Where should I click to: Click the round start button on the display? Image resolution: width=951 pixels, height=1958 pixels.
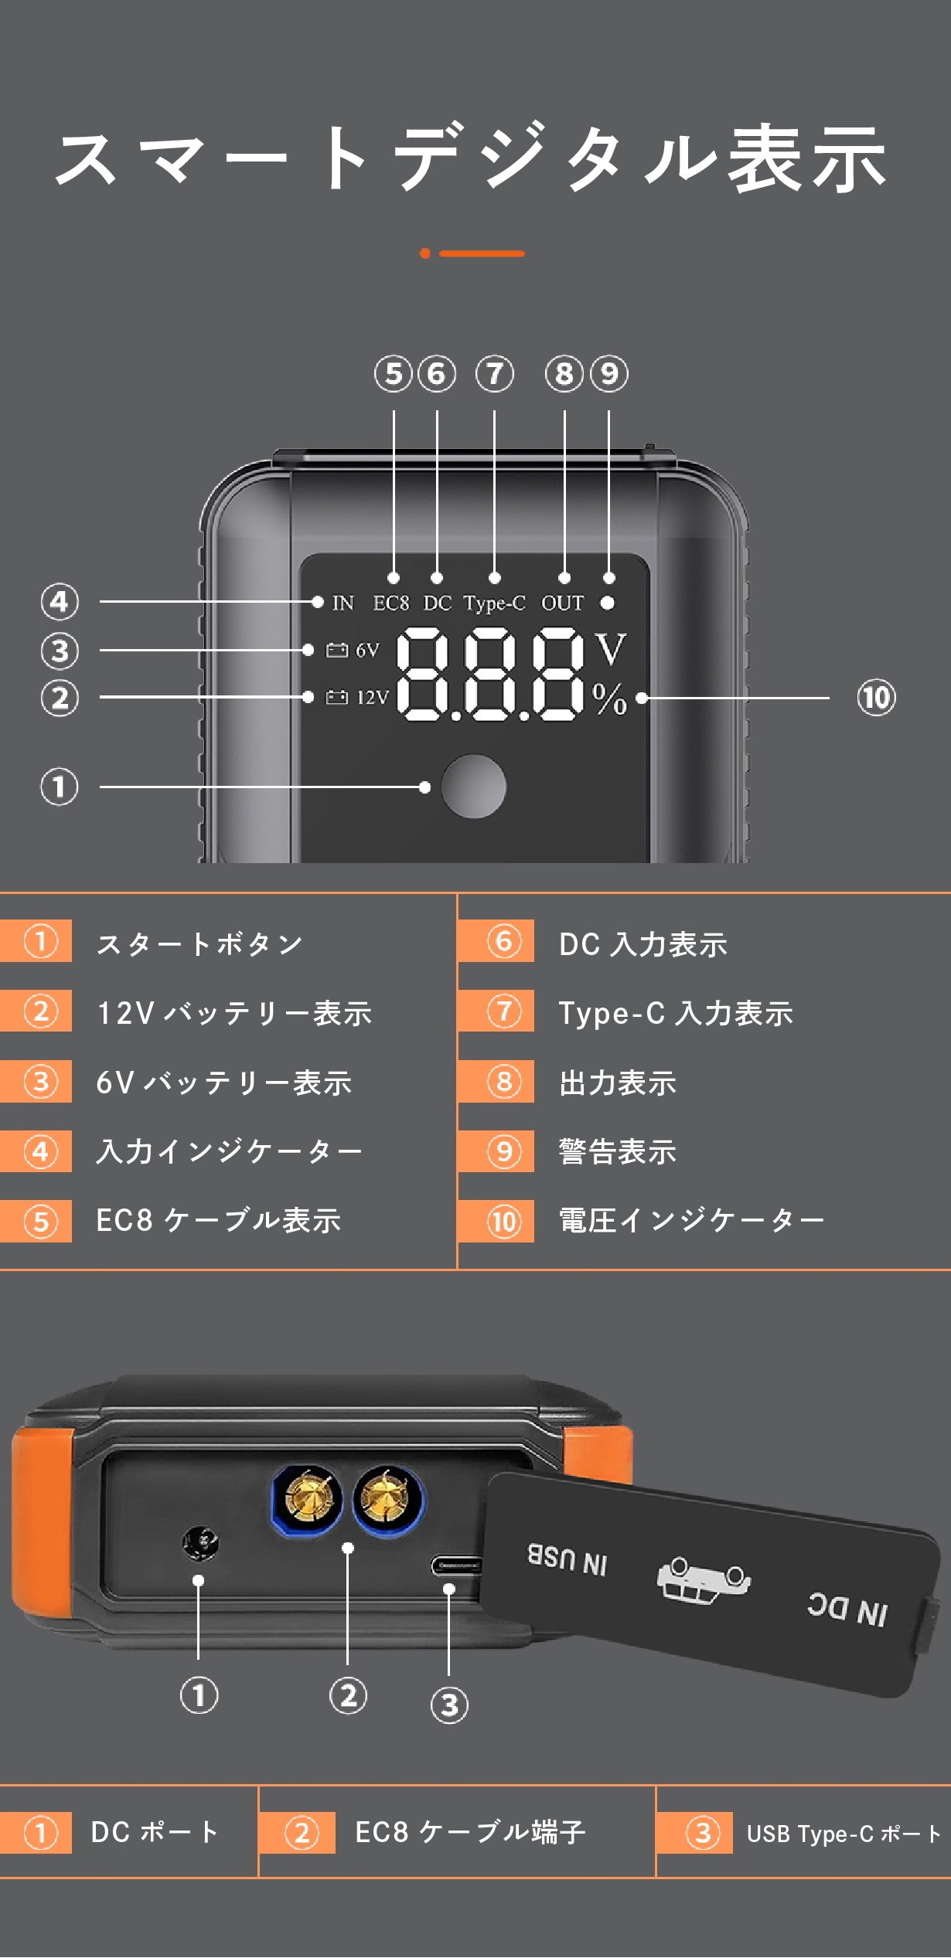point(473,787)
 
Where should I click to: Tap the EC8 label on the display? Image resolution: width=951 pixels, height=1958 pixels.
point(391,603)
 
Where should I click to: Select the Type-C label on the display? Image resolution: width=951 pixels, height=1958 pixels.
point(494,603)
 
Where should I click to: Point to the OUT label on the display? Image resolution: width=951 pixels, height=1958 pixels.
point(562,603)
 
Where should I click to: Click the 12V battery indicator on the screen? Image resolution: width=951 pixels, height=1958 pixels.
point(357,698)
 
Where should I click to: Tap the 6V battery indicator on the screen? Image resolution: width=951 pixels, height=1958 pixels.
point(353,650)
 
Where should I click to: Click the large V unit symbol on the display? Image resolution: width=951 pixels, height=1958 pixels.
point(610,649)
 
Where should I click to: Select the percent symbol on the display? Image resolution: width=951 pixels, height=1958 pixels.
point(610,699)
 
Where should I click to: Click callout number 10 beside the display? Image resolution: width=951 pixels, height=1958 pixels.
point(876,698)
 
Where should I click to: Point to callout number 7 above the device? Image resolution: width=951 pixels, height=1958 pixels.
point(494,374)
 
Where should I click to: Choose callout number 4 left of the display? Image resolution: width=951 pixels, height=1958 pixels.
point(60,602)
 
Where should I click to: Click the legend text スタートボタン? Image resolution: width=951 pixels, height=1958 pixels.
point(199,943)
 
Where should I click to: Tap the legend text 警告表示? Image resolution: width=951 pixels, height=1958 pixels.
point(618,1151)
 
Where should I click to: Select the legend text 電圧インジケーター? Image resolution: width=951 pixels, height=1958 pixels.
point(691,1221)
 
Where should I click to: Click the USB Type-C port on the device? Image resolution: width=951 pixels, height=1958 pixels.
point(455,1565)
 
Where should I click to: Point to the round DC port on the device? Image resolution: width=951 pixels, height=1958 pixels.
point(200,1544)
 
